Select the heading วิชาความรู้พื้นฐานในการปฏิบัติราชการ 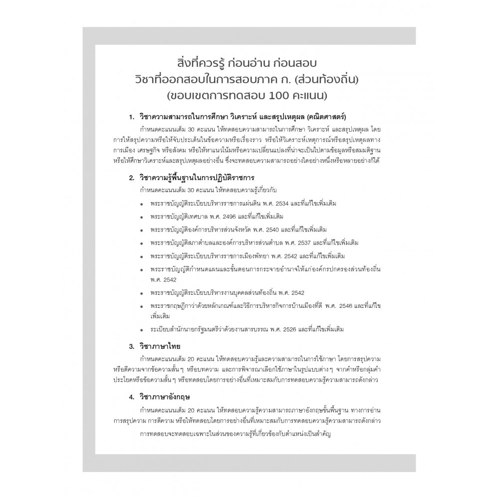click(x=198, y=178)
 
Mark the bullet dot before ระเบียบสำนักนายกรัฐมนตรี click(x=142, y=330)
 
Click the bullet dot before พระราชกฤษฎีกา click(x=142, y=305)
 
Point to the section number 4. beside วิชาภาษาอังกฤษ click(x=131, y=398)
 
